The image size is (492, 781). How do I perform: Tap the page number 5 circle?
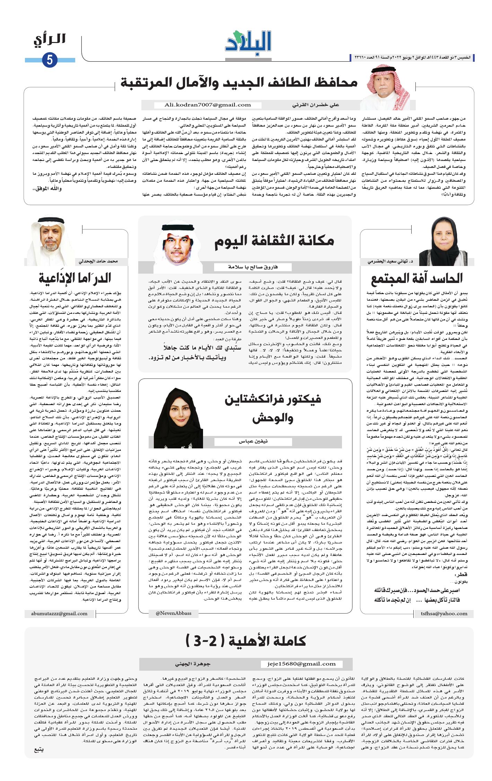pos(50,60)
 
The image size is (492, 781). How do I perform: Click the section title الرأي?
pos(50,39)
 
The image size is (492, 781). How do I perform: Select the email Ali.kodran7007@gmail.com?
pos(208,105)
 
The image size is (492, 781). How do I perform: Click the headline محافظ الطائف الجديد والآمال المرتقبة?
pos(239,82)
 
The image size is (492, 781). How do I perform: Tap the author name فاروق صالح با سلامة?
pos(253,267)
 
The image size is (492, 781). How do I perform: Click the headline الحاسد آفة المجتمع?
pos(416,278)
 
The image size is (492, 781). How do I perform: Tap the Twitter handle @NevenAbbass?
pos(173,613)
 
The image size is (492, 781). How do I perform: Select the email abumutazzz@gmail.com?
pos(59,613)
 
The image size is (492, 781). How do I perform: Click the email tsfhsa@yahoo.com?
pos(444,613)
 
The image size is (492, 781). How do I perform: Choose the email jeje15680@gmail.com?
pos(301,664)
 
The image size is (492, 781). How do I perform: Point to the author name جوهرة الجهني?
pos(193,664)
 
